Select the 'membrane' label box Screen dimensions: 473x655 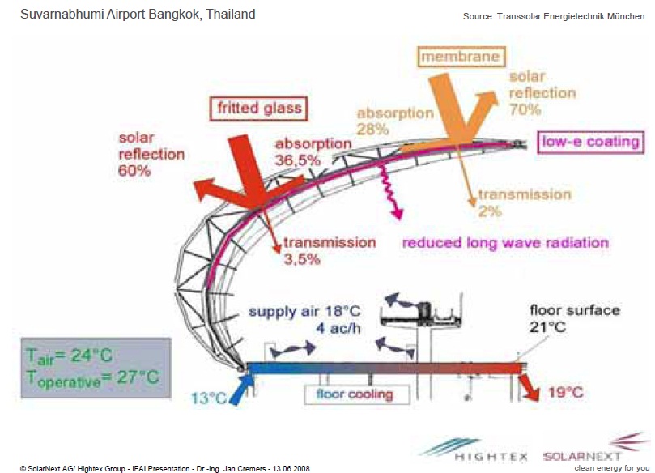click(x=459, y=57)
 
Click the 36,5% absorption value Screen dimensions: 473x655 click(x=309, y=160)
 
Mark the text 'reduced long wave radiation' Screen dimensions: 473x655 click(x=505, y=242)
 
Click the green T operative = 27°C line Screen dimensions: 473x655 click(x=91, y=377)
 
